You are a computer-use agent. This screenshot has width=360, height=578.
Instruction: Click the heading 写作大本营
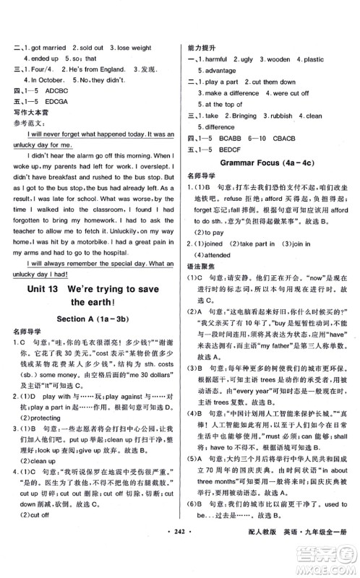[x=31, y=113]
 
